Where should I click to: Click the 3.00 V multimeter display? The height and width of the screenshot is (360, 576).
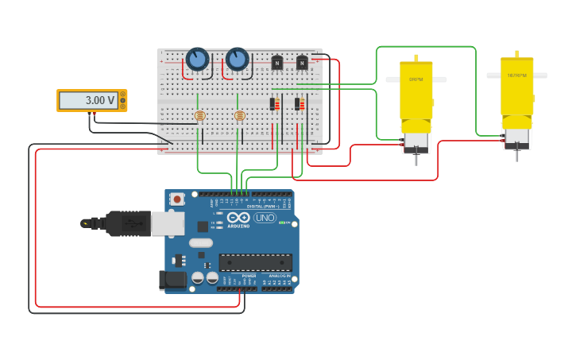pyautogui.click(x=89, y=100)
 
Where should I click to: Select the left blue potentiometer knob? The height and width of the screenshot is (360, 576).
pyautogui.click(x=197, y=59)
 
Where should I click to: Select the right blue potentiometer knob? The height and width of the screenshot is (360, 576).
pyautogui.click(x=237, y=59)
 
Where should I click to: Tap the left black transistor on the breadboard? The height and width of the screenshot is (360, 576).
pyautogui.click(x=277, y=62)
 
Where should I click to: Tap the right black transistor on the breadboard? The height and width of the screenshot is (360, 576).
pyautogui.click(x=302, y=62)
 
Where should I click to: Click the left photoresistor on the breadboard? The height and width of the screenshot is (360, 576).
pyautogui.click(x=199, y=115)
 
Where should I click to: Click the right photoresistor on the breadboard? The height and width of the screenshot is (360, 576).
pyautogui.click(x=240, y=115)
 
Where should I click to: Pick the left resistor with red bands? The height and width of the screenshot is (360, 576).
pyautogui.click(x=273, y=103)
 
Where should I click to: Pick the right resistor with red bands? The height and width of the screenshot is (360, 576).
pyautogui.click(x=298, y=103)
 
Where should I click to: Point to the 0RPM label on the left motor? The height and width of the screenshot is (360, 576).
pyautogui.click(x=416, y=79)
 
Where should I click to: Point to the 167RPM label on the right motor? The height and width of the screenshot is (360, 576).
pyautogui.click(x=516, y=75)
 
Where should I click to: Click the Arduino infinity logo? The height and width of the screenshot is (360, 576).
pyautogui.click(x=238, y=218)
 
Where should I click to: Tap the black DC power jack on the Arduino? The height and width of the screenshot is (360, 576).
pyautogui.click(x=172, y=280)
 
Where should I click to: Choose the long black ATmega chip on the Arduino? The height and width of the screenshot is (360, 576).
pyautogui.click(x=255, y=261)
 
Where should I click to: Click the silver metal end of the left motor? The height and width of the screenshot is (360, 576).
pyautogui.click(x=416, y=142)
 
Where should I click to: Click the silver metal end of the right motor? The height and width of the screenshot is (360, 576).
pyautogui.click(x=516, y=139)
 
